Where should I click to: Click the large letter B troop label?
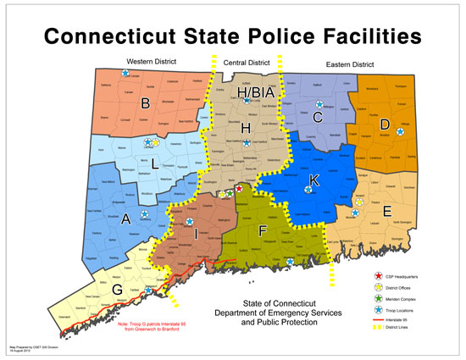click(145, 104)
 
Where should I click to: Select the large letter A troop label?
click(126, 218)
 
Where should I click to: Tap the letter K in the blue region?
click(313, 180)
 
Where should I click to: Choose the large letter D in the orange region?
click(384, 125)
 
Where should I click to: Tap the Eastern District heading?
click(350, 64)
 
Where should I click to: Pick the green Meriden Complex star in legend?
click(377, 300)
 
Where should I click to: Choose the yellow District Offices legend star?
click(377, 288)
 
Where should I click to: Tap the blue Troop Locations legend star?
click(377, 311)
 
